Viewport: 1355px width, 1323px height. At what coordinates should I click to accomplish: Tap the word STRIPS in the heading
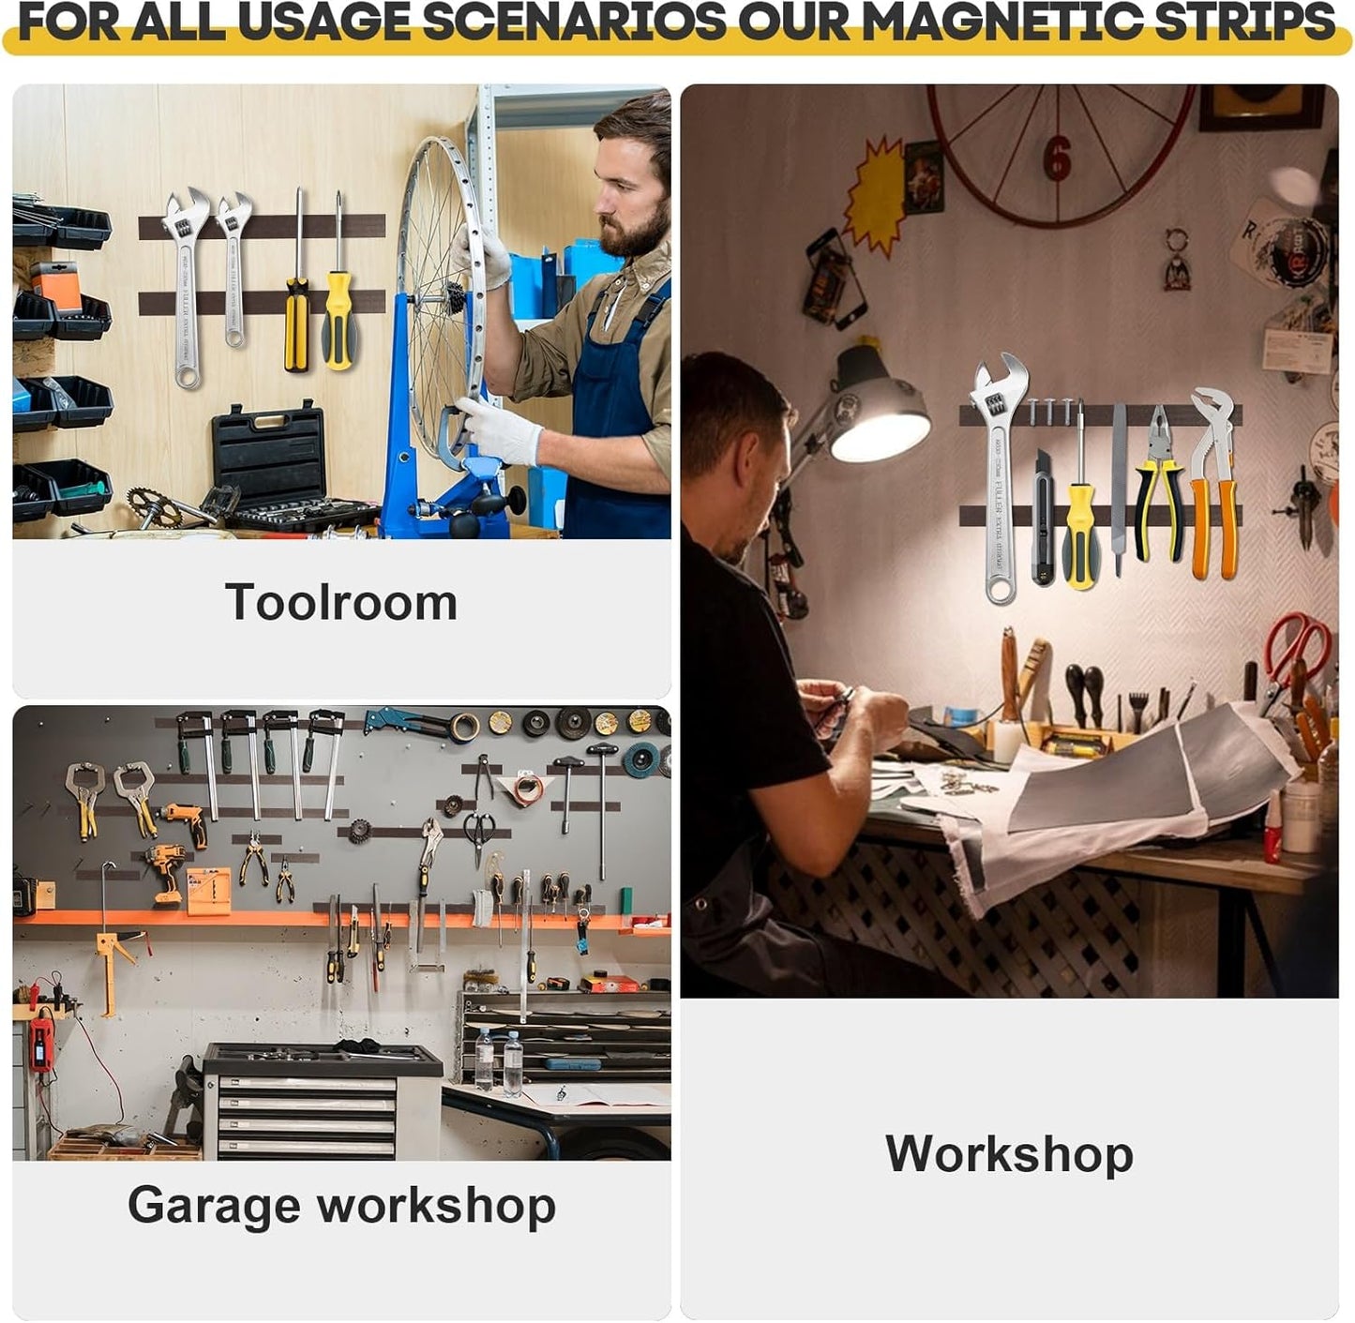coord(1246,23)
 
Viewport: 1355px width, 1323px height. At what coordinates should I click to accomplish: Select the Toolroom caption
coord(341,602)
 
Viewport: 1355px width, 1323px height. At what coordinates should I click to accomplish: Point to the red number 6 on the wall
coord(1056,158)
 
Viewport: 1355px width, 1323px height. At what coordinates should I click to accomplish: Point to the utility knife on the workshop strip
coord(1043,518)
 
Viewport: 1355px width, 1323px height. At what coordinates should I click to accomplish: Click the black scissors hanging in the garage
coord(479,834)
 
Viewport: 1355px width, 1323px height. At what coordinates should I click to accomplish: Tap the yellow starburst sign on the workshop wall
coord(875,194)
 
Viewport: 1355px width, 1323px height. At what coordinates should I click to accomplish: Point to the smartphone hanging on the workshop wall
coord(834,278)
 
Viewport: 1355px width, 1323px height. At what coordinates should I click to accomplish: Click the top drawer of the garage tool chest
coord(307,1085)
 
